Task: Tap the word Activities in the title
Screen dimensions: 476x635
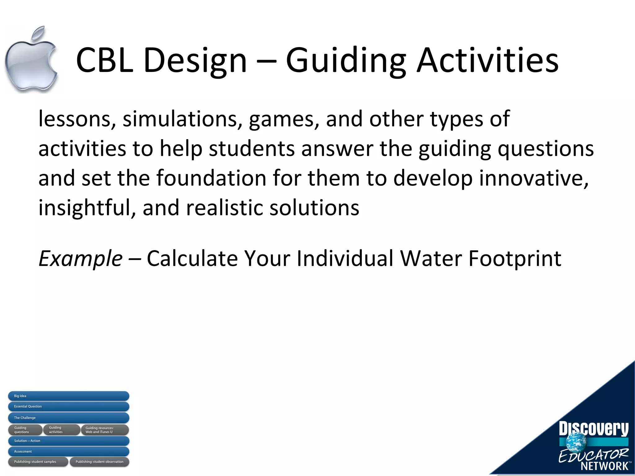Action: coord(487,60)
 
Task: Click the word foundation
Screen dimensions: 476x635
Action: coord(211,178)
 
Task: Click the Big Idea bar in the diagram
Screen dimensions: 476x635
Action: coord(69,396)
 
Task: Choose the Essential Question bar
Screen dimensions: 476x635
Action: coord(69,406)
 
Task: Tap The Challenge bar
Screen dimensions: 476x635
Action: coord(69,418)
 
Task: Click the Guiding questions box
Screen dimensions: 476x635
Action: coord(25,430)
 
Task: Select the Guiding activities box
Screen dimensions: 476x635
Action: coord(61,430)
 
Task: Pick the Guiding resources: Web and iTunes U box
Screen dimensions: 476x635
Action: coord(105,430)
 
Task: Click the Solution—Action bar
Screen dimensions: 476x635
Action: coord(69,441)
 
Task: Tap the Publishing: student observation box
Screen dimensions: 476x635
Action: coord(99,462)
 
